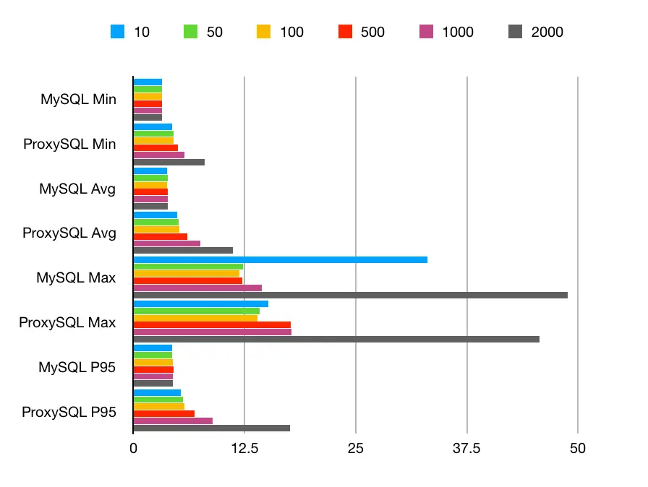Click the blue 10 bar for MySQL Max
tap(281, 259)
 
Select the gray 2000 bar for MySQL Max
tap(350, 295)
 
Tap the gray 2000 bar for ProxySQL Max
tap(336, 339)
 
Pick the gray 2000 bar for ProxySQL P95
tap(211, 428)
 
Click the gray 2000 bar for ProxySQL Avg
tap(183, 250)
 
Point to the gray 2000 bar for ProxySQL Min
tap(169, 162)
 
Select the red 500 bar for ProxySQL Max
tap(212, 325)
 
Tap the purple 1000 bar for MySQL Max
tap(197, 288)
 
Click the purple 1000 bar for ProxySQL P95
tap(173, 421)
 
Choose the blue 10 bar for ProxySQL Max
tap(200, 303)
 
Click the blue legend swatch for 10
tap(117, 32)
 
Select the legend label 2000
tap(547, 32)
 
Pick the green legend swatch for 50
tap(190, 32)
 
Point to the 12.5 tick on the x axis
tap(244, 449)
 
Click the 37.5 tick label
tap(466, 449)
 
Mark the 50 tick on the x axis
tap(577, 449)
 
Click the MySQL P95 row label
tap(77, 368)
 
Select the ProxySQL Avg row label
tap(69, 233)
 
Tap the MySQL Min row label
tap(78, 100)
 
